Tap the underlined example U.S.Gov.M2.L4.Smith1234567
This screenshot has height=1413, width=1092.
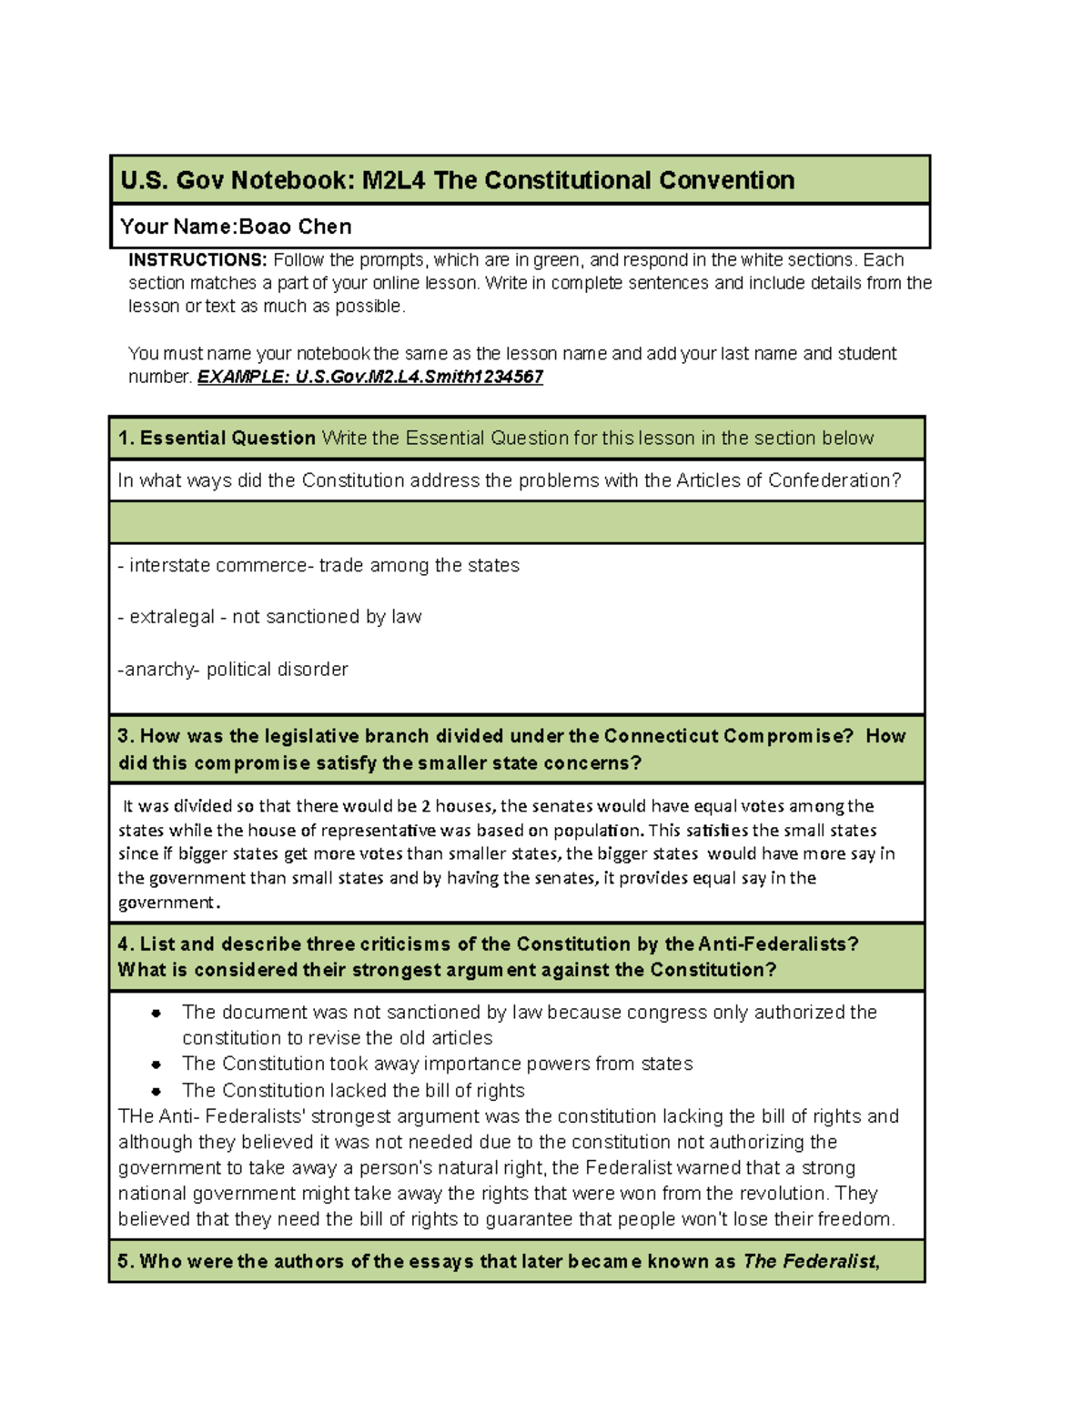370,377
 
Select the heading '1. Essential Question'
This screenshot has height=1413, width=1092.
217,439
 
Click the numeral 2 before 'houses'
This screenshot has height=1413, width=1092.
426,806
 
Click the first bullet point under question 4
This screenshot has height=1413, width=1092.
157,1013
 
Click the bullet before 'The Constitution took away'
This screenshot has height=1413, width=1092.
157,1065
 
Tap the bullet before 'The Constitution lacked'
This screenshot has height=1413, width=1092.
157,1091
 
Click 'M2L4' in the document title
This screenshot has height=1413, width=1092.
394,180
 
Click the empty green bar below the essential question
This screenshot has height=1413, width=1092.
516,523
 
